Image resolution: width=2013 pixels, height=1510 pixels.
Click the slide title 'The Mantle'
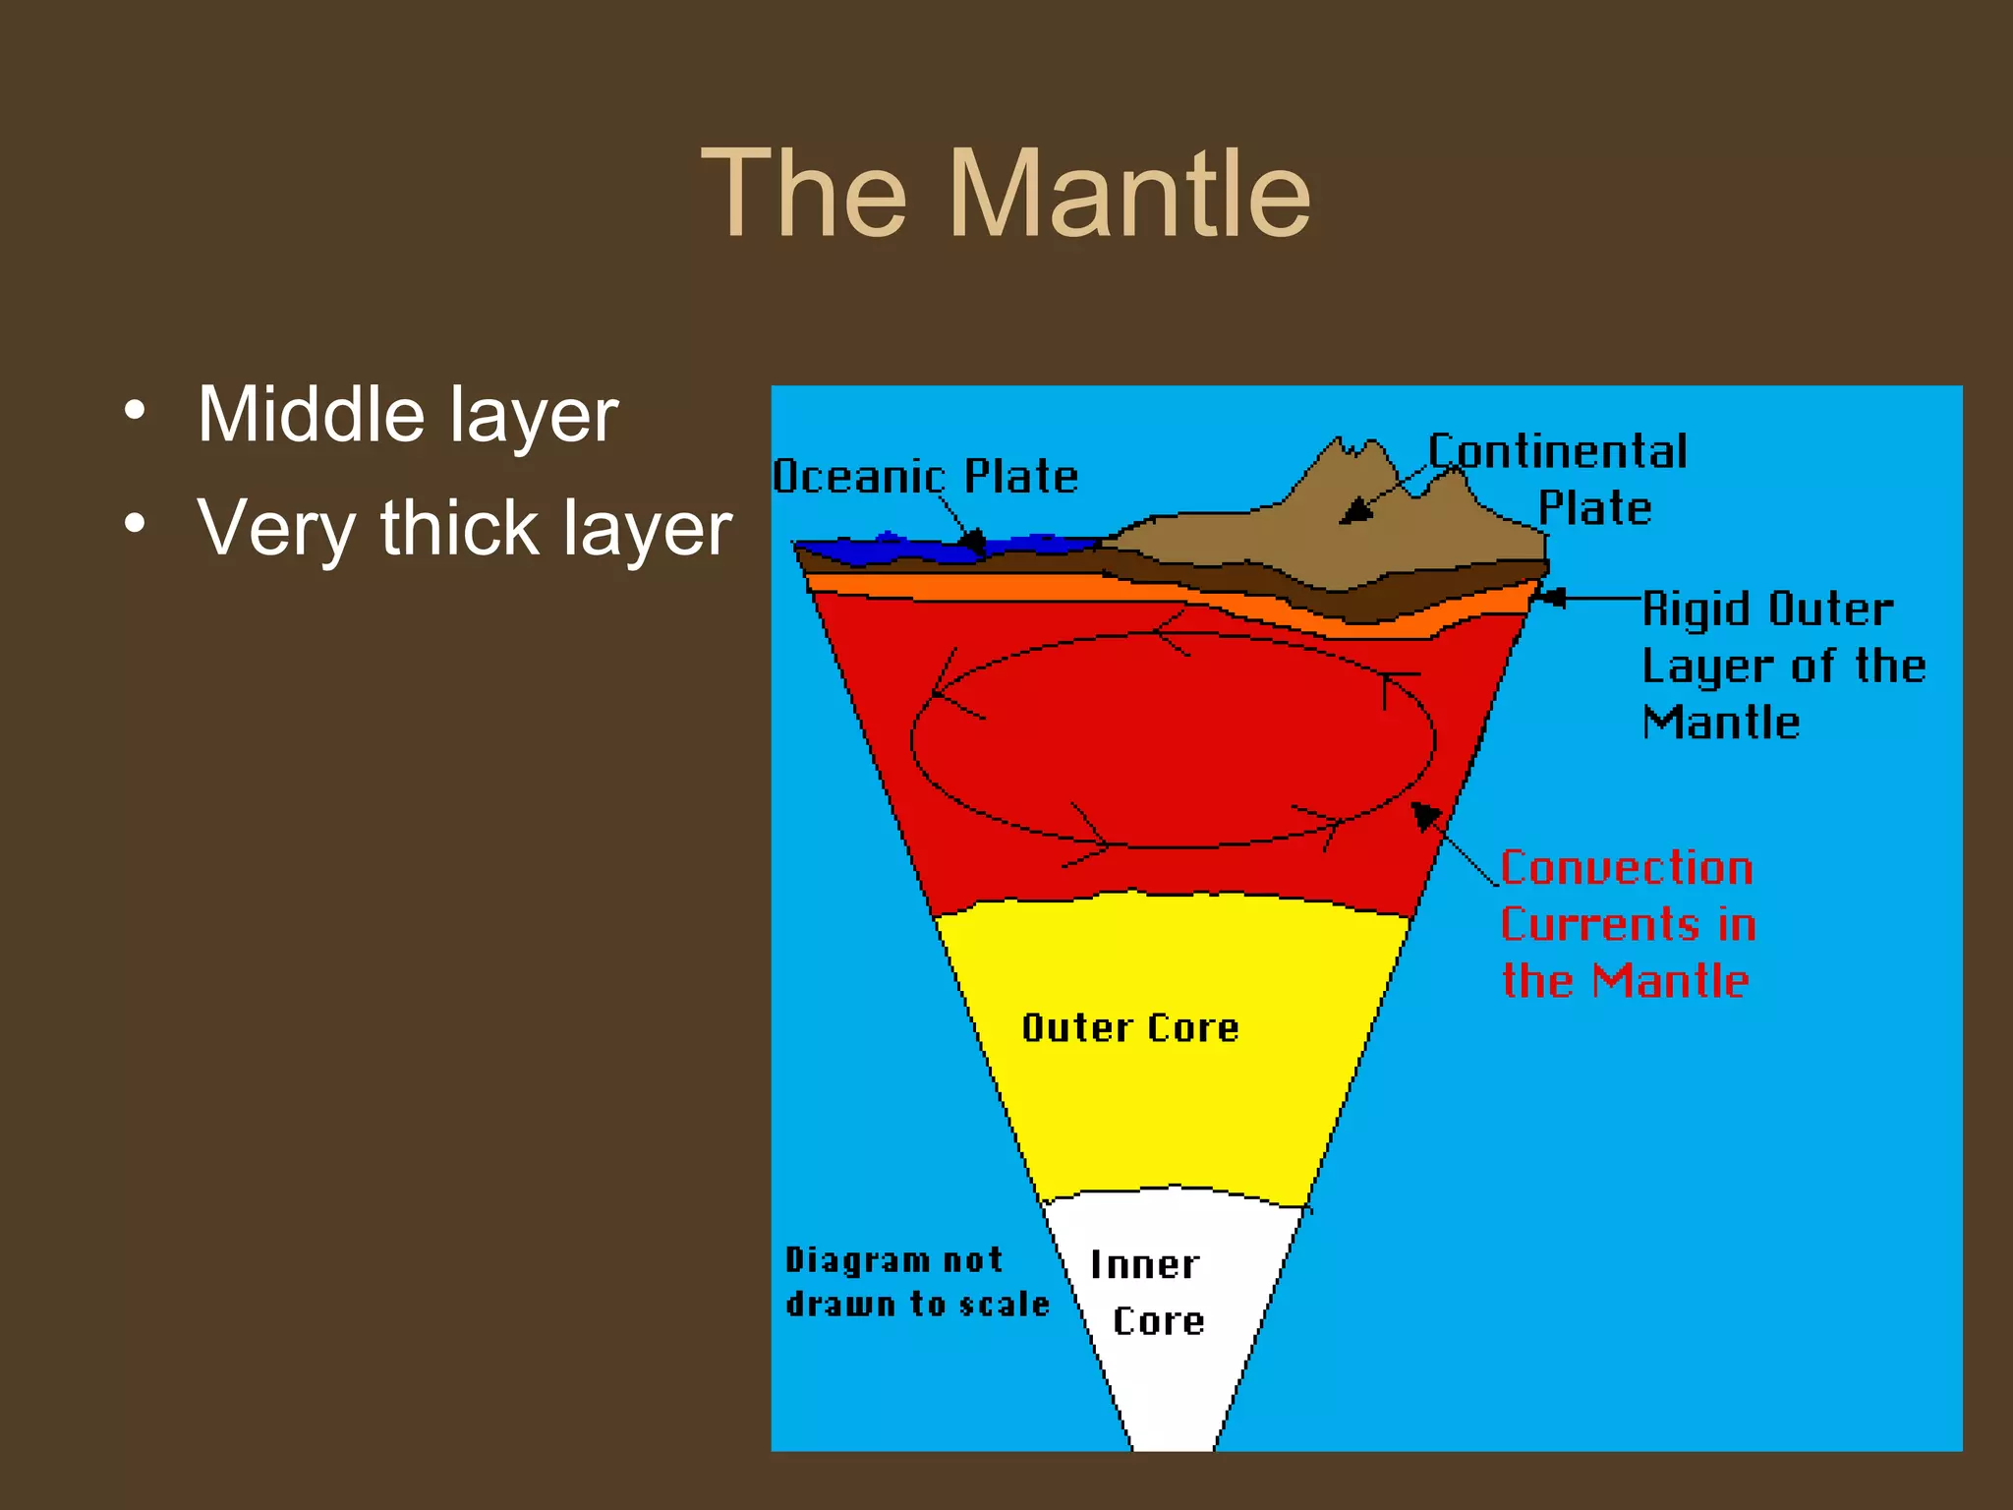point(1006,193)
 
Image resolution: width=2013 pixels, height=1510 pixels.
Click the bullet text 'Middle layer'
point(407,415)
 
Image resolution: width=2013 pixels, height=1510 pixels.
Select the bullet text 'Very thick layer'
point(464,528)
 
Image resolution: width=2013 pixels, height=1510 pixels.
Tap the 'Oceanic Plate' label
point(925,477)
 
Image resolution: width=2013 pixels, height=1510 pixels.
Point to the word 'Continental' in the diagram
point(1558,452)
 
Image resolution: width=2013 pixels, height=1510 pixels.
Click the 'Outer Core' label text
point(1130,1028)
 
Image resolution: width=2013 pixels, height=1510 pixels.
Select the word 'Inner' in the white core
point(1145,1265)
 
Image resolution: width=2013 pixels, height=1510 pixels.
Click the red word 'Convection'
point(1627,868)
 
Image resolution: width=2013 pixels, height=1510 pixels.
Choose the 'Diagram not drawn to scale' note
point(916,1282)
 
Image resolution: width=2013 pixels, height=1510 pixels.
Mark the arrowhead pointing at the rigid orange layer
point(1550,597)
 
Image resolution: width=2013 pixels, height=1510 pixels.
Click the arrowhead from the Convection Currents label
point(1424,815)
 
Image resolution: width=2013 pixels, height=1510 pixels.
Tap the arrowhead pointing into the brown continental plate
point(1355,512)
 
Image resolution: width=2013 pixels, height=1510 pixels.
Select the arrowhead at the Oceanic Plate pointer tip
point(972,540)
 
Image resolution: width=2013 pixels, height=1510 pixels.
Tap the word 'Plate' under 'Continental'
point(1594,508)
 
